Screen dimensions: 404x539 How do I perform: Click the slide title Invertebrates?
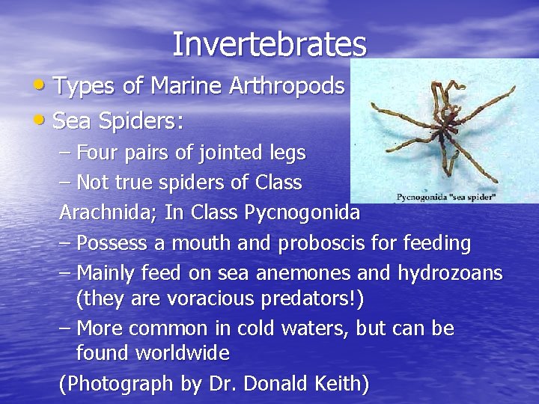click(269, 44)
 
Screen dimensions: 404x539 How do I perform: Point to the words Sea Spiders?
click(119, 120)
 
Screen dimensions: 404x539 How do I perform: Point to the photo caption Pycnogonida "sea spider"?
click(446, 198)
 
